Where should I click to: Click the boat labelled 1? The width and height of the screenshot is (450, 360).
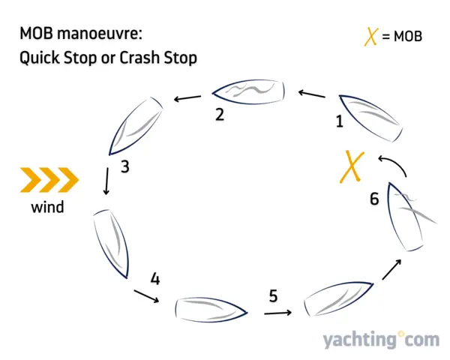pyautogui.click(x=368, y=115)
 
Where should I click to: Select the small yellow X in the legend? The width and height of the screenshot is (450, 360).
pyautogui.click(x=370, y=35)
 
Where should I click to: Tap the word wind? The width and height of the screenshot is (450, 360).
pyautogui.click(x=47, y=207)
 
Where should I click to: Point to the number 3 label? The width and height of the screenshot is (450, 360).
pyautogui.click(x=124, y=166)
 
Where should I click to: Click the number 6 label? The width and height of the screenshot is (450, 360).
pyautogui.click(x=375, y=199)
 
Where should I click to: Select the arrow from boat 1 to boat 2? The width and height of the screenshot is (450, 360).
pyautogui.click(x=311, y=94)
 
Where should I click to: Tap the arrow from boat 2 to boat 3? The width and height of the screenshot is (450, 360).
pyautogui.click(x=187, y=97)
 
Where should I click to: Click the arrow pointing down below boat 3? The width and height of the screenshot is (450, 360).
pyautogui.click(x=107, y=181)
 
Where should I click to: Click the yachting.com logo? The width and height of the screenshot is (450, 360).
pyautogui.click(x=380, y=340)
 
